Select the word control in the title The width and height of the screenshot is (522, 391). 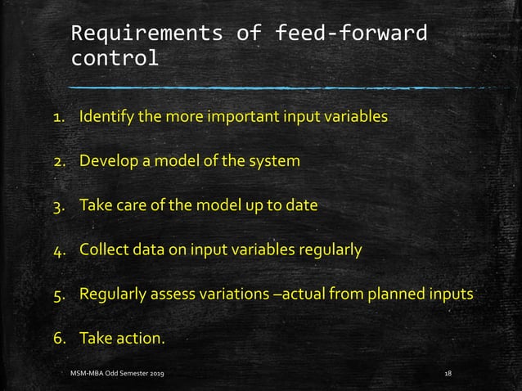115,60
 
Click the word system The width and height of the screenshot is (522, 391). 274,160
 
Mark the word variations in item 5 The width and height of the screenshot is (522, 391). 230,293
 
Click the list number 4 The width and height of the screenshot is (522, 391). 59,249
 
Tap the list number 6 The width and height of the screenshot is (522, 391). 59,337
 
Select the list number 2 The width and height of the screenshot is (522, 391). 59,161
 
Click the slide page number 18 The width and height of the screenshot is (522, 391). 447,373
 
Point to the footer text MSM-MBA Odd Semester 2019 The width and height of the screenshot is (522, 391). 121,373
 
